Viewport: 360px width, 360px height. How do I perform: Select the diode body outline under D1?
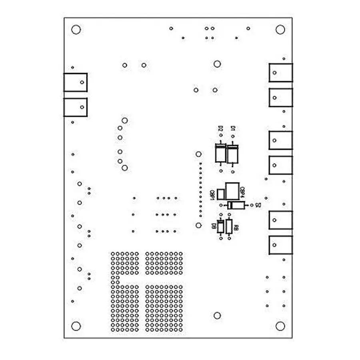tap(233, 154)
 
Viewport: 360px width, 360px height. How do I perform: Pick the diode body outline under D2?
tap(220, 154)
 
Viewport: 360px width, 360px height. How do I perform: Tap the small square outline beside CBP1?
tap(221, 194)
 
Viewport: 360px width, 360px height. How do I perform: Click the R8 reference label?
tap(236, 228)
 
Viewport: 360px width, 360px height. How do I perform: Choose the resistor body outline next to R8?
tap(229, 226)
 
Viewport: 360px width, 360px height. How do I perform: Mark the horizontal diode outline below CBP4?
tap(236, 205)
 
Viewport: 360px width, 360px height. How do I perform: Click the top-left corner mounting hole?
tap(76, 29)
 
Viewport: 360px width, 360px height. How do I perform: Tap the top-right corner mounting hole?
tap(280, 29)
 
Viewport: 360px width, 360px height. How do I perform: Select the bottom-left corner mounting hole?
tap(76, 326)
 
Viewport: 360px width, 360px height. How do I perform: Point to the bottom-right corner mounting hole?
tap(280, 326)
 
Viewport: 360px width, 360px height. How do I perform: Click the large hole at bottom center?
tap(217, 316)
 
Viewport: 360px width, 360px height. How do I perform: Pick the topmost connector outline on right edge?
tap(281, 73)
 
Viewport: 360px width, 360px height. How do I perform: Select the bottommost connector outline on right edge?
tap(281, 245)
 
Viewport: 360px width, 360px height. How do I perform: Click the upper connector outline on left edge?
tap(76, 82)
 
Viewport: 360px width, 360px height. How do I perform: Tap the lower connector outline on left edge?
tap(76, 107)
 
